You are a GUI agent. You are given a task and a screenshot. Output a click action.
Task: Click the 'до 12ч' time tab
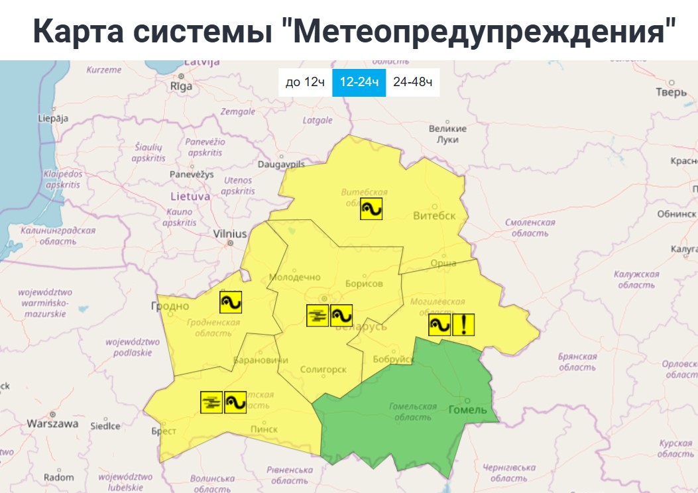click(305, 82)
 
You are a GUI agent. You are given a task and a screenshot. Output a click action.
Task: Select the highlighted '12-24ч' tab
click(359, 82)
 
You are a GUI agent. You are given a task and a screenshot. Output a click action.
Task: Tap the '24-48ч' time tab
click(412, 82)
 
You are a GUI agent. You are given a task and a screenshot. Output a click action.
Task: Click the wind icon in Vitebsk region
click(372, 209)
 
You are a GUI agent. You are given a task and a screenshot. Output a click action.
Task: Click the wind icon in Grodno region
click(231, 302)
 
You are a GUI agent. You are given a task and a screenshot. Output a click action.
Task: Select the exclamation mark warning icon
click(464, 325)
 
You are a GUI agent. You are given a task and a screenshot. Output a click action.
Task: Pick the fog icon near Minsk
click(318, 315)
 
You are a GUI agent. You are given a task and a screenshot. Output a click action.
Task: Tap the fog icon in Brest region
click(211, 402)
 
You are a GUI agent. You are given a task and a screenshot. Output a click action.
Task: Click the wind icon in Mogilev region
click(439, 325)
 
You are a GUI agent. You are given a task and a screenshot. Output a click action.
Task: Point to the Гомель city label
click(467, 410)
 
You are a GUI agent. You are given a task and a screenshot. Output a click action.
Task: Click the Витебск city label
click(434, 216)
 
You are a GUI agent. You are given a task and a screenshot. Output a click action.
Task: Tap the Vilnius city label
click(230, 234)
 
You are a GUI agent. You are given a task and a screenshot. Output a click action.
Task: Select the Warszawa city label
click(52, 423)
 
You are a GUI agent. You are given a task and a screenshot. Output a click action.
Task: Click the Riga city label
click(181, 86)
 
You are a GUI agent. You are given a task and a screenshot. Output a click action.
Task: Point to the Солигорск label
click(323, 369)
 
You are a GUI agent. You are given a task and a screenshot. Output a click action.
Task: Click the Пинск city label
click(264, 429)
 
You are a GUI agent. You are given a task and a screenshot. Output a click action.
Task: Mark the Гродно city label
click(170, 306)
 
